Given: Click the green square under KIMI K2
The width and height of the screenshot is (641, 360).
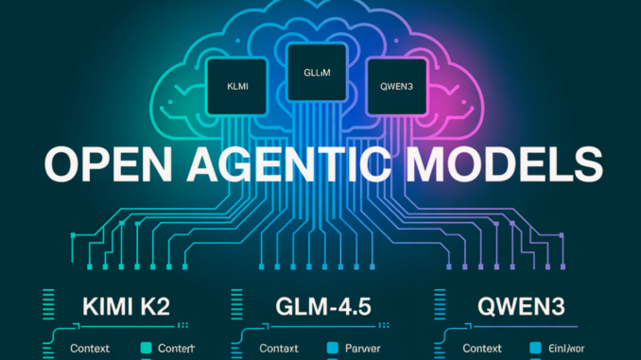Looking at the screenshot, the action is pyautogui.click(x=145, y=349).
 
